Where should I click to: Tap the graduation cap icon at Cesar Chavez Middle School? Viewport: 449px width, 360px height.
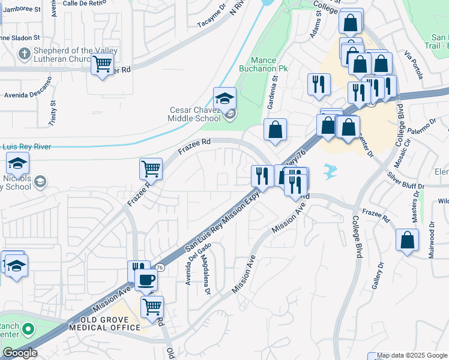coord(224,98)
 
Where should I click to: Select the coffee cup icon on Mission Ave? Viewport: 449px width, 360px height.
coord(146,279)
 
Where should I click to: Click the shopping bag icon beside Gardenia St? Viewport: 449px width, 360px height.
coord(275,130)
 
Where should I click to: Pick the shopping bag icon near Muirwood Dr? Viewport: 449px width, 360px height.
coord(407,241)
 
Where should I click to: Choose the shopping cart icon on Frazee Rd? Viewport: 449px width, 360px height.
coord(151,169)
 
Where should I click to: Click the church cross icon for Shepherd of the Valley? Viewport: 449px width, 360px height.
coord(24,55)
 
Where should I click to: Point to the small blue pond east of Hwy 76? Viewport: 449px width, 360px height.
coord(329,172)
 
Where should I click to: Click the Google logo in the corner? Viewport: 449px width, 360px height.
coord(20,353)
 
